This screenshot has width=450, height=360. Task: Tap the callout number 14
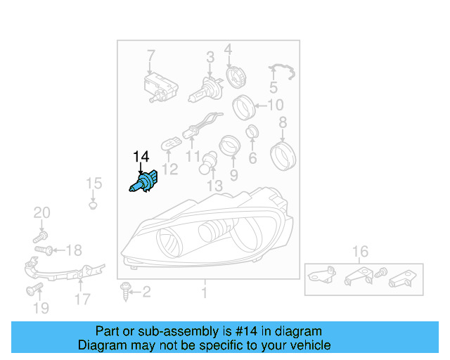(141, 157)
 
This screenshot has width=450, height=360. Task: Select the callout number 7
(150, 56)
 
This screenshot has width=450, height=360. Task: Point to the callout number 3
(210, 57)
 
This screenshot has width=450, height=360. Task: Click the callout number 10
(276, 106)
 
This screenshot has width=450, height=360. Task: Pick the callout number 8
(283, 124)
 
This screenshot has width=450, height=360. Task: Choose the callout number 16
(360, 252)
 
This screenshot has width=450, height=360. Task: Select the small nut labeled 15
(93, 206)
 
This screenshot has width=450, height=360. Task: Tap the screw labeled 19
(31, 290)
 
